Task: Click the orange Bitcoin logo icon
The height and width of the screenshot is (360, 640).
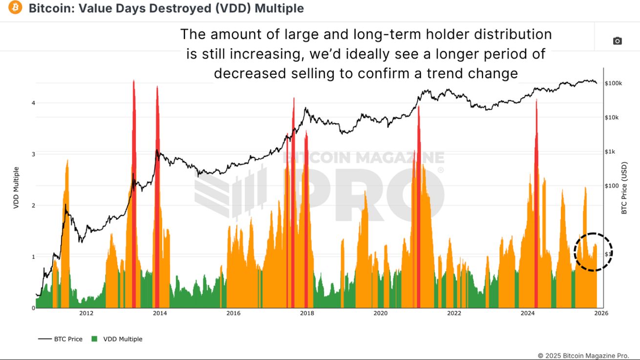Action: point(15,8)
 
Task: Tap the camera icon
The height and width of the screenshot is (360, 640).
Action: point(618,41)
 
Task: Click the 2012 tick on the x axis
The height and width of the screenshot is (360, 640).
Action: point(86,314)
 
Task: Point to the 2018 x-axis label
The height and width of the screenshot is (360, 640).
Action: point(307,314)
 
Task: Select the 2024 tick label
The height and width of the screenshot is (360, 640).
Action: point(528,314)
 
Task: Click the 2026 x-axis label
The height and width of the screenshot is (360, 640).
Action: point(601,314)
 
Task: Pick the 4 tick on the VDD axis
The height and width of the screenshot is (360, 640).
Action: point(33,103)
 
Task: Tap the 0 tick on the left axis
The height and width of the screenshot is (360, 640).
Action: point(33,308)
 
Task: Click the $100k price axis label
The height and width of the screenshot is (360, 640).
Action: point(613,84)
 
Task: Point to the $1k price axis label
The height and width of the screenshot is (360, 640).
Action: point(611,152)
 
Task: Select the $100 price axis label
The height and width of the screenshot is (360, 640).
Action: point(612,186)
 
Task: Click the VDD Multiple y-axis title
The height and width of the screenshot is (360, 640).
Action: point(16,188)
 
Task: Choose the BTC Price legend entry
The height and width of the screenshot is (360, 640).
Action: point(68,339)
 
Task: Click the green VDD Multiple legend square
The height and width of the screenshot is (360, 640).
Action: point(95,339)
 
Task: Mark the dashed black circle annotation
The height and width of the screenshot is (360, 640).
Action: point(593,252)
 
